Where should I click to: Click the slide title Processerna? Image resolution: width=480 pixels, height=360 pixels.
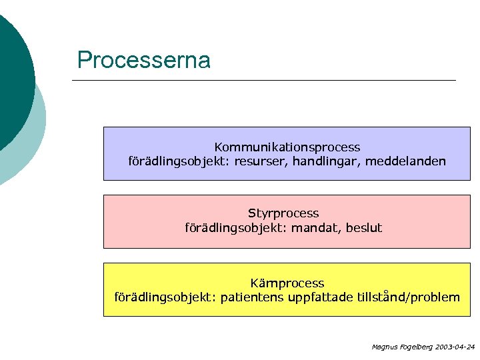(143, 61)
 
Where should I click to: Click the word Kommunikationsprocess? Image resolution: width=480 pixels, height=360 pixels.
(287, 147)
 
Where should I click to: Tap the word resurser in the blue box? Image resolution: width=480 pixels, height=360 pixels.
(256, 161)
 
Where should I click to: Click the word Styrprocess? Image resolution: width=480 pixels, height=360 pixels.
(283, 213)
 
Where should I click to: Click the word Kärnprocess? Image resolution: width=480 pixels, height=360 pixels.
(287, 283)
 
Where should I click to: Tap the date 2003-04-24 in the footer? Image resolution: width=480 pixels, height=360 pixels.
(453, 347)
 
